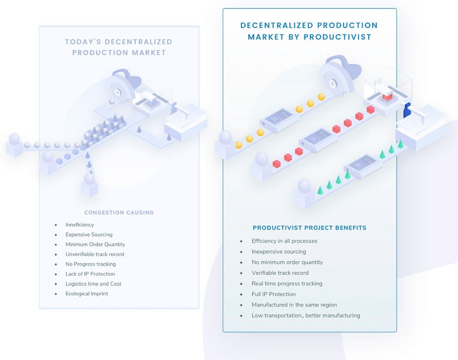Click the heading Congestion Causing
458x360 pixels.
[119, 212]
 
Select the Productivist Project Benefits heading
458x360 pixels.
[309, 228]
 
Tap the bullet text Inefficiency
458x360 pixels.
[79, 225]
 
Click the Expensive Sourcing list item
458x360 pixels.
[89, 234]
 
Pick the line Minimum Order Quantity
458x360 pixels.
[95, 244]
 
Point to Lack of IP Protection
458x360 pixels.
[90, 274]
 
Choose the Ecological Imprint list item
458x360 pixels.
[87, 293]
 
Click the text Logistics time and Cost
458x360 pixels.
[93, 284]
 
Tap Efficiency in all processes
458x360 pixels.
[284, 241]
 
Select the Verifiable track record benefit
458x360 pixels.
[280, 273]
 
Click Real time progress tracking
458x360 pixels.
[287, 284]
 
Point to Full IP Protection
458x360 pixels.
[274, 294]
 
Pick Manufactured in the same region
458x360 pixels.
[294, 305]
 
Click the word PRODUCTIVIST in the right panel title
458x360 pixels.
[338, 37]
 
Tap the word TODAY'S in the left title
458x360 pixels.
[83, 42]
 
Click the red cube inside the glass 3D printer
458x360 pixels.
[387, 96]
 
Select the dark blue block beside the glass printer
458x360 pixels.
[407, 110]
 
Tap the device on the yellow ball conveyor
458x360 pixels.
[279, 120]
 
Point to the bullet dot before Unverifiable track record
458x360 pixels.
[56, 254]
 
